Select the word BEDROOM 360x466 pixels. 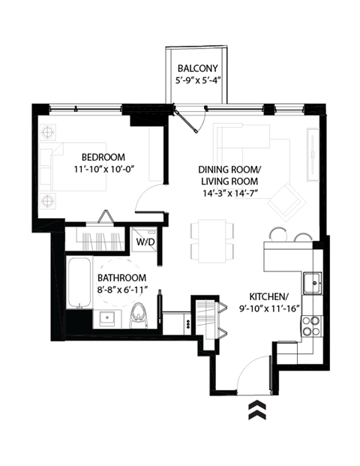102,157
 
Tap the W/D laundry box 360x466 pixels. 145,242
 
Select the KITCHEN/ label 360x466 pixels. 271,296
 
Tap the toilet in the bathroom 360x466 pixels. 138,314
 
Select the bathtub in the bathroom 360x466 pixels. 76,283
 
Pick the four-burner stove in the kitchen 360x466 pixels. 309,326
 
